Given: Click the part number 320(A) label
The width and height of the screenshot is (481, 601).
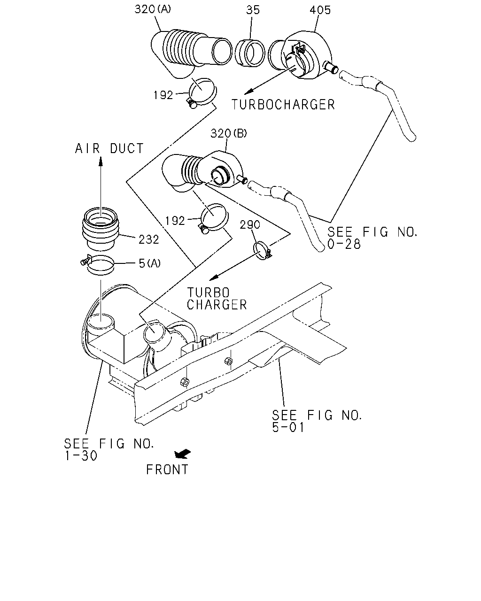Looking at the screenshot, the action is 153,9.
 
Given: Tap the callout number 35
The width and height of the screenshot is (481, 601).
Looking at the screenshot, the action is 253,10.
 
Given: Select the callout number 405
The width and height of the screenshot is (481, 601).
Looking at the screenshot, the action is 320,10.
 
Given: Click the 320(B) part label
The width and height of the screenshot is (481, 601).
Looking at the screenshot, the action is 229,133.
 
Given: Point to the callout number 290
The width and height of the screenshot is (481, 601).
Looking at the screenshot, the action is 250,224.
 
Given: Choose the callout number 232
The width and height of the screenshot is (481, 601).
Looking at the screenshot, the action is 149,239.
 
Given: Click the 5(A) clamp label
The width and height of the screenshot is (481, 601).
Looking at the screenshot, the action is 150,263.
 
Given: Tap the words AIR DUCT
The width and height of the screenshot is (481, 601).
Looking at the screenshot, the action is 109,148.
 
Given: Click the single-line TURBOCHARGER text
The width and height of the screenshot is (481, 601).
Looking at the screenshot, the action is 283,105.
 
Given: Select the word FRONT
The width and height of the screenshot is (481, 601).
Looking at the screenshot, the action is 167,470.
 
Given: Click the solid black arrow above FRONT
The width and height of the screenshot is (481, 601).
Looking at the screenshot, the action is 182,454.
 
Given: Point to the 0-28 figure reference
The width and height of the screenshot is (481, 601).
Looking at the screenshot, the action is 344,244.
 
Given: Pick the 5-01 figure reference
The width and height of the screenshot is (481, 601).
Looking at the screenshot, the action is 288,427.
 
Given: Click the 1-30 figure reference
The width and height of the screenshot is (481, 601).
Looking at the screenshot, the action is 81,456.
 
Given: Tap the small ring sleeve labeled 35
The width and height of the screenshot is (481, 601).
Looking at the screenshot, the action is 249,53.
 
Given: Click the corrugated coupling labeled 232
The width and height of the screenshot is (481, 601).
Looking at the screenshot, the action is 101,229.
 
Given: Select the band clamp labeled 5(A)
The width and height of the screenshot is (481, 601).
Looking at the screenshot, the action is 98,265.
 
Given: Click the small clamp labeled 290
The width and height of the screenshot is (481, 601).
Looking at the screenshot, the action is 262,251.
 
